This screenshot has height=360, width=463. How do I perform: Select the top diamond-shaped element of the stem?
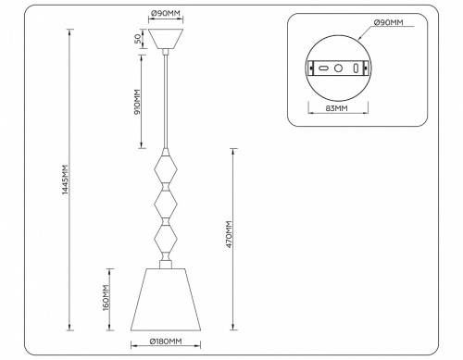(x=166, y=170)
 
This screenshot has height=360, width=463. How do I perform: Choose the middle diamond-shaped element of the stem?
(x=166, y=204)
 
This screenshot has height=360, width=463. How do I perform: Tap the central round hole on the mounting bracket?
(x=339, y=68)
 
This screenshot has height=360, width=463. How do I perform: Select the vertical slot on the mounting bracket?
(x=356, y=68)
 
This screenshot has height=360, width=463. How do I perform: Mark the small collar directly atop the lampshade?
(x=166, y=265)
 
